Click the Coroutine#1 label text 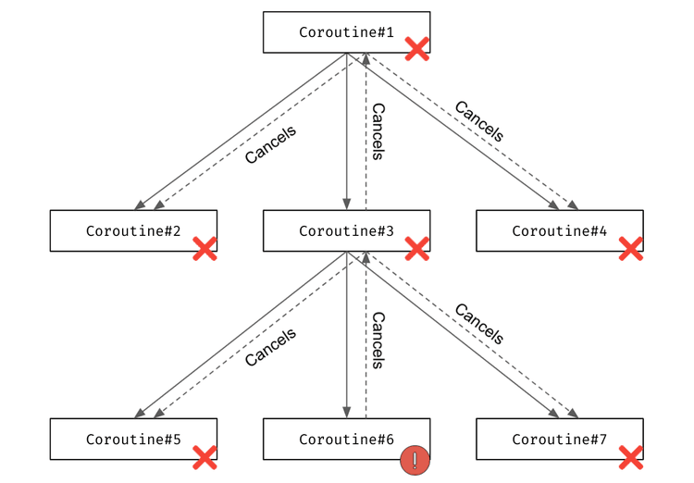[346, 32]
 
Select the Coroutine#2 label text [133, 231]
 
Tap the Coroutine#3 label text [346, 231]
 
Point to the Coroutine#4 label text [560, 231]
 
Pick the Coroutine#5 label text [133, 440]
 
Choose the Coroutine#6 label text [346, 440]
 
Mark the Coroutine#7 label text [560, 440]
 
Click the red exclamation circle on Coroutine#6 [415, 460]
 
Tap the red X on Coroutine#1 [417, 49]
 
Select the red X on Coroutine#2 [204, 248]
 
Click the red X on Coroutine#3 [417, 248]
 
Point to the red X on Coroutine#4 [631, 248]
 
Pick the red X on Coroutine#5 [204, 457]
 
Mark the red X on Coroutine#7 [631, 457]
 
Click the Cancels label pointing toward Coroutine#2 [270, 144]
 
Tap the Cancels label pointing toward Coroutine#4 [479, 121]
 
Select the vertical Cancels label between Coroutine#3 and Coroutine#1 [378, 131]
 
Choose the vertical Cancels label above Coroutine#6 [378, 341]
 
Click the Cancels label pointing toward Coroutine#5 [270, 347]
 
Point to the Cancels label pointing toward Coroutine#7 [479, 324]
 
